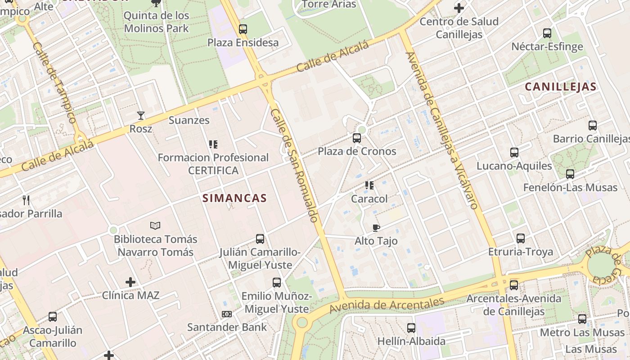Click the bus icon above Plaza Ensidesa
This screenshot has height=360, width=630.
(243, 29)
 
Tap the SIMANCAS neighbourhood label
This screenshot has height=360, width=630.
(234, 198)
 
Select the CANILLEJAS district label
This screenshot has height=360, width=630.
(561, 87)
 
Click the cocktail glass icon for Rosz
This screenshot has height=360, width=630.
(141, 116)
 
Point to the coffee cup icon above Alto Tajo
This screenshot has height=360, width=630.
(376, 228)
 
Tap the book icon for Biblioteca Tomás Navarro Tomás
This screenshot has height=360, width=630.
(155, 225)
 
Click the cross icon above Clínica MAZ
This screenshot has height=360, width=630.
(130, 282)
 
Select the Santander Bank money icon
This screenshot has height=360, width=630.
(226, 314)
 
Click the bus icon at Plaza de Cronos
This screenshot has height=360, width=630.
(357, 138)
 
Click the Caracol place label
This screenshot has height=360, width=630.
(369, 198)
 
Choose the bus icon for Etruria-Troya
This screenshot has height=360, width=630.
(521, 238)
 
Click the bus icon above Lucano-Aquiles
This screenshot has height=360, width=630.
(514, 153)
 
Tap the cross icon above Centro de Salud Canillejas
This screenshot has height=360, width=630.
(459, 8)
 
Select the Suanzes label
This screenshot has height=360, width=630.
(189, 120)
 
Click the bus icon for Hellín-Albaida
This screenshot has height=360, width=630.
(411, 328)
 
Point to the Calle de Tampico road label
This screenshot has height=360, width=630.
(55, 83)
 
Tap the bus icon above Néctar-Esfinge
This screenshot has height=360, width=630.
(547, 33)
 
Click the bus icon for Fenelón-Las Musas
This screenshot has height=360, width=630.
(570, 174)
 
